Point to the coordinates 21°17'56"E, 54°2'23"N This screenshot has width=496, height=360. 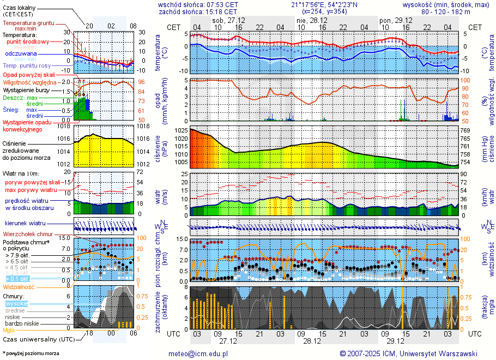324,4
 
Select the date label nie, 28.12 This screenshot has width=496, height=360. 312,20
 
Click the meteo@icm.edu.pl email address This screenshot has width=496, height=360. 200,353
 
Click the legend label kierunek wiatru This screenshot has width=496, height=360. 25,224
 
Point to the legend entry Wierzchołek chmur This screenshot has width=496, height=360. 27,234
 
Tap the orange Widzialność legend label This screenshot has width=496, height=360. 19,286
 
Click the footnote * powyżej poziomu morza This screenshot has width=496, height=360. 30,353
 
